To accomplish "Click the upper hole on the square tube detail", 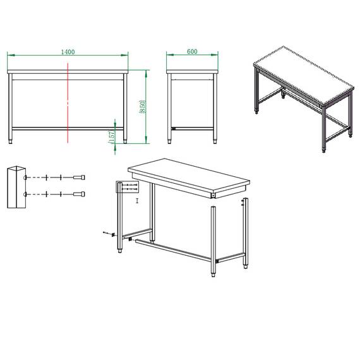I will point(25,177).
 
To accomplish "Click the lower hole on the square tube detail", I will point(25,194).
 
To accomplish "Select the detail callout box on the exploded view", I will point(126,186).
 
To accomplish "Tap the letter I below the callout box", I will point(137,201).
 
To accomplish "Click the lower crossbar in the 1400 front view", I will point(68,128).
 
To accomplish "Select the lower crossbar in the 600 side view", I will point(193,128).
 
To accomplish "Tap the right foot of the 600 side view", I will point(216,140).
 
